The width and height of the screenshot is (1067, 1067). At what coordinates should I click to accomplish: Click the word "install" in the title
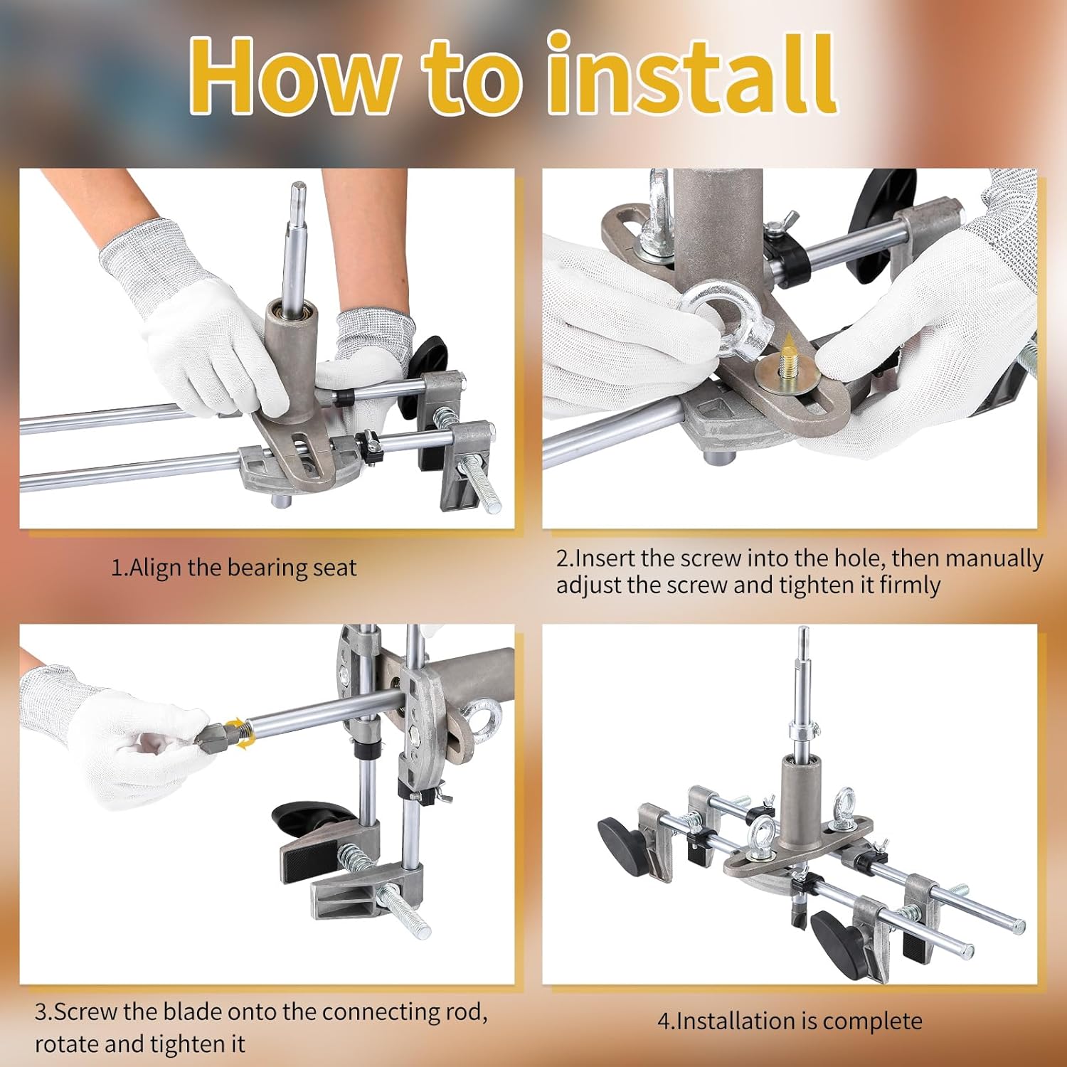690,75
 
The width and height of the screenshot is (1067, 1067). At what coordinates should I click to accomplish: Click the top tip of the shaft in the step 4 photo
803,632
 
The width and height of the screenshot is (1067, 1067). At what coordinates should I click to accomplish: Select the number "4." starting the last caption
665,1022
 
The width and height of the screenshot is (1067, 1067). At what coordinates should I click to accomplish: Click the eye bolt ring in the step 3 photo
484,718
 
